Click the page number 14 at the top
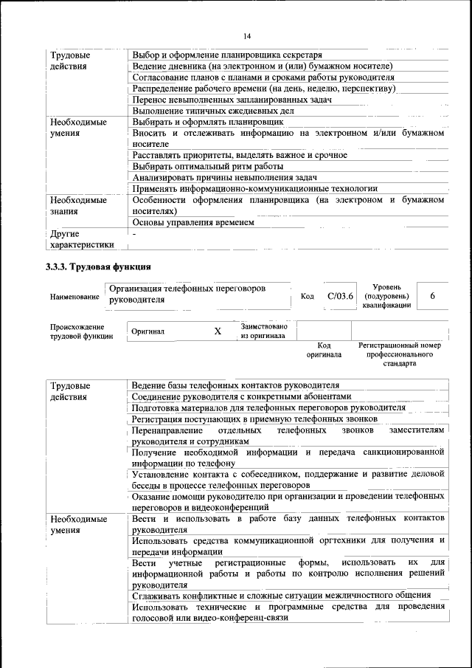click(x=247, y=36)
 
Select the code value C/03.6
click(x=341, y=296)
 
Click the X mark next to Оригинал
click(x=218, y=331)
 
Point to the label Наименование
click(x=74, y=297)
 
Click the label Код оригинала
click(x=324, y=350)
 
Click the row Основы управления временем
click(x=193, y=221)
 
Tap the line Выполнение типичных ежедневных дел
click(x=213, y=110)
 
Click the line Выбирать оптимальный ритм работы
click(x=208, y=166)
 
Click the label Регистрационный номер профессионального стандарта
click(x=399, y=354)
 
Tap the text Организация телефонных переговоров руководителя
click(x=187, y=295)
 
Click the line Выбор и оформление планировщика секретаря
click(x=226, y=55)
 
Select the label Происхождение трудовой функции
click(x=77, y=331)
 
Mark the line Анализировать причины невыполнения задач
click(x=224, y=177)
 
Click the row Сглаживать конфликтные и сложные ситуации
click(x=281, y=595)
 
